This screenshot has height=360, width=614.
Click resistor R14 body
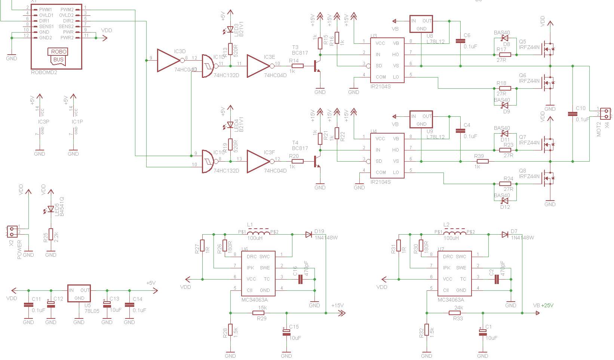[x=297, y=66]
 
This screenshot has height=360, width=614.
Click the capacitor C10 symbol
[x=572, y=113]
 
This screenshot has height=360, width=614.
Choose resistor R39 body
[x=483, y=161]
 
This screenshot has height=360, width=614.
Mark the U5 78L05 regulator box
[x=79, y=294]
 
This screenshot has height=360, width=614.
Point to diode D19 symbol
[x=308, y=234]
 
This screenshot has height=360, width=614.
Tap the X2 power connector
[x=12, y=231]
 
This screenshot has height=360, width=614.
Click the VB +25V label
[x=543, y=305]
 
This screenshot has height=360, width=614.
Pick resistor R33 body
[x=458, y=313]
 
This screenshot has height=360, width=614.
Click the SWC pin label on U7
[x=461, y=257]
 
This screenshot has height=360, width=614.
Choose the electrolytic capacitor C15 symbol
[x=286, y=332]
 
